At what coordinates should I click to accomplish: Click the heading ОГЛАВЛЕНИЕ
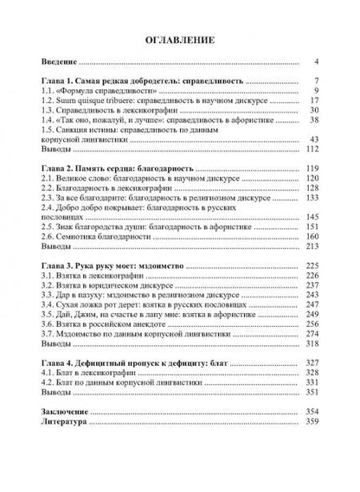180,41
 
